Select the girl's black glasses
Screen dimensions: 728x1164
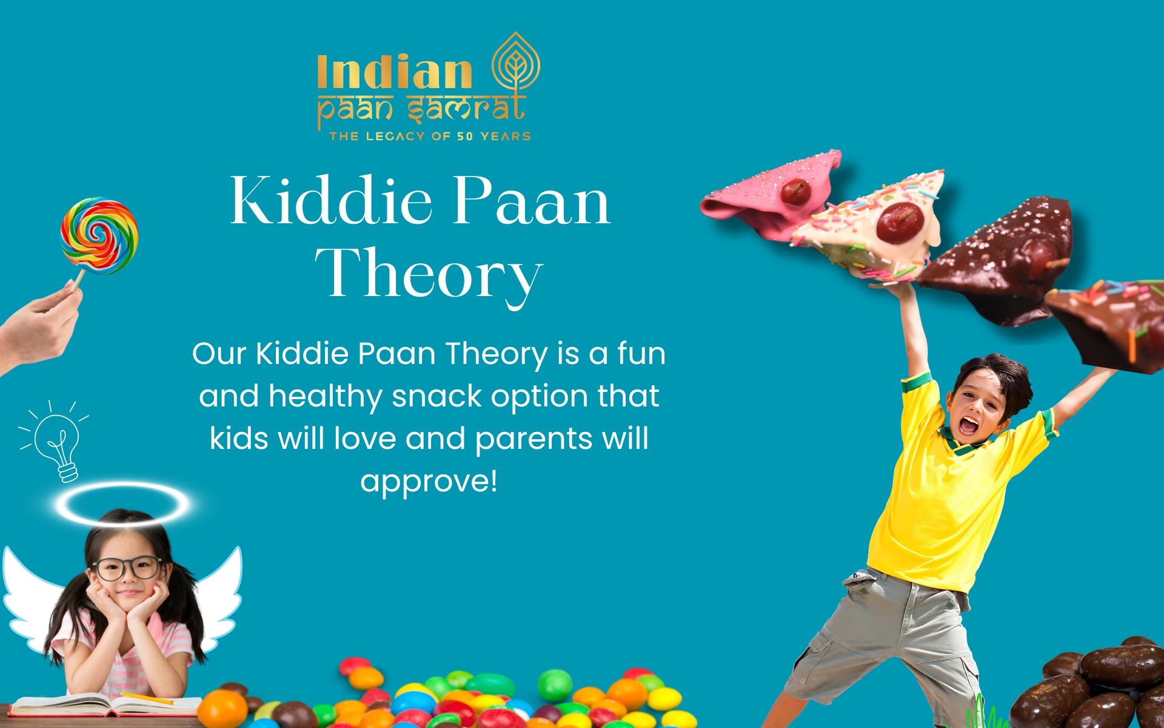pos(128,568)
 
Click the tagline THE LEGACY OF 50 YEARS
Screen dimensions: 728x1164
pos(429,136)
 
